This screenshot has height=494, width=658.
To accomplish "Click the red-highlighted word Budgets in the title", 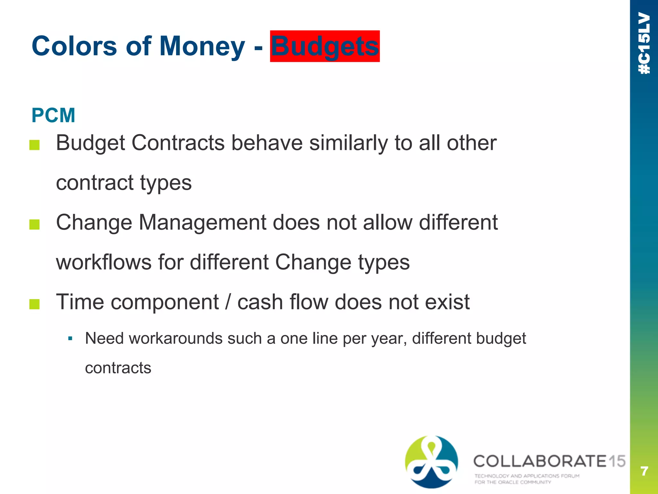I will click(x=325, y=46).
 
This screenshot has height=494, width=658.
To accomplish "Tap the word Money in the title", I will click(x=202, y=46).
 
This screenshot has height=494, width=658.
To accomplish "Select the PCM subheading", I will click(x=53, y=115).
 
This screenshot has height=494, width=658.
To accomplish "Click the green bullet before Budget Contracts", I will click(x=34, y=145).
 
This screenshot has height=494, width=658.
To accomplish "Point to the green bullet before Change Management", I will click(x=34, y=224).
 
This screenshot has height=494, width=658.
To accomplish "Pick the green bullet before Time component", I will click(x=34, y=304).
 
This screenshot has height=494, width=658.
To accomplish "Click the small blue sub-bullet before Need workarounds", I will click(x=70, y=339).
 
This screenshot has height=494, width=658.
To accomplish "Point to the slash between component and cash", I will click(x=228, y=302).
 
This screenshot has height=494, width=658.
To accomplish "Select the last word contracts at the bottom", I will click(x=118, y=368).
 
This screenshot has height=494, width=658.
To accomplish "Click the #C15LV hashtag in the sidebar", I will click(x=644, y=43).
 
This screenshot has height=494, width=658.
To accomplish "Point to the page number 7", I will click(x=644, y=471).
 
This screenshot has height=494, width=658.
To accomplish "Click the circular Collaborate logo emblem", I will click(x=431, y=462).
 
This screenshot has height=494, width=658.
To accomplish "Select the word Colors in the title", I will click(x=74, y=46).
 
